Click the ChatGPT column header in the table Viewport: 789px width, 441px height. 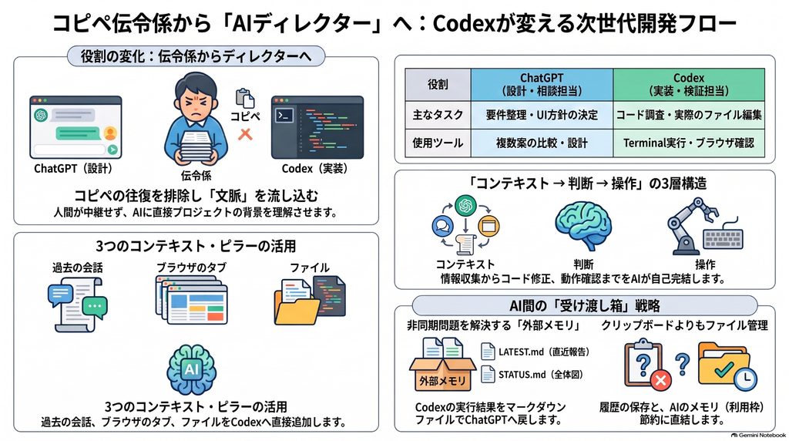point(542,84)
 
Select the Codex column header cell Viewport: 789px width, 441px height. point(689,84)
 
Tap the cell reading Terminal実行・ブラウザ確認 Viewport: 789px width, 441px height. point(689,143)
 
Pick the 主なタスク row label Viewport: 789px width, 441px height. point(438,115)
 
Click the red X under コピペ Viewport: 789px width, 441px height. point(245,134)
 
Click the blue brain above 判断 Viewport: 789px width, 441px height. point(583,226)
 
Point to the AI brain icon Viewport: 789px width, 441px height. point(191,369)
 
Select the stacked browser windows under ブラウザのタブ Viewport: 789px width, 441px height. point(192,301)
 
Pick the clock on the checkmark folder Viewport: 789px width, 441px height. point(745,378)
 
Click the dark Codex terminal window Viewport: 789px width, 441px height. point(317,127)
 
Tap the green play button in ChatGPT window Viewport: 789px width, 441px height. point(112,150)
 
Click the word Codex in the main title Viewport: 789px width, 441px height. point(465,23)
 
